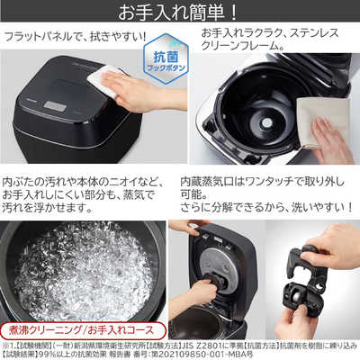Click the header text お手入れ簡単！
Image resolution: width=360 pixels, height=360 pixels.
pos(180,13)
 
